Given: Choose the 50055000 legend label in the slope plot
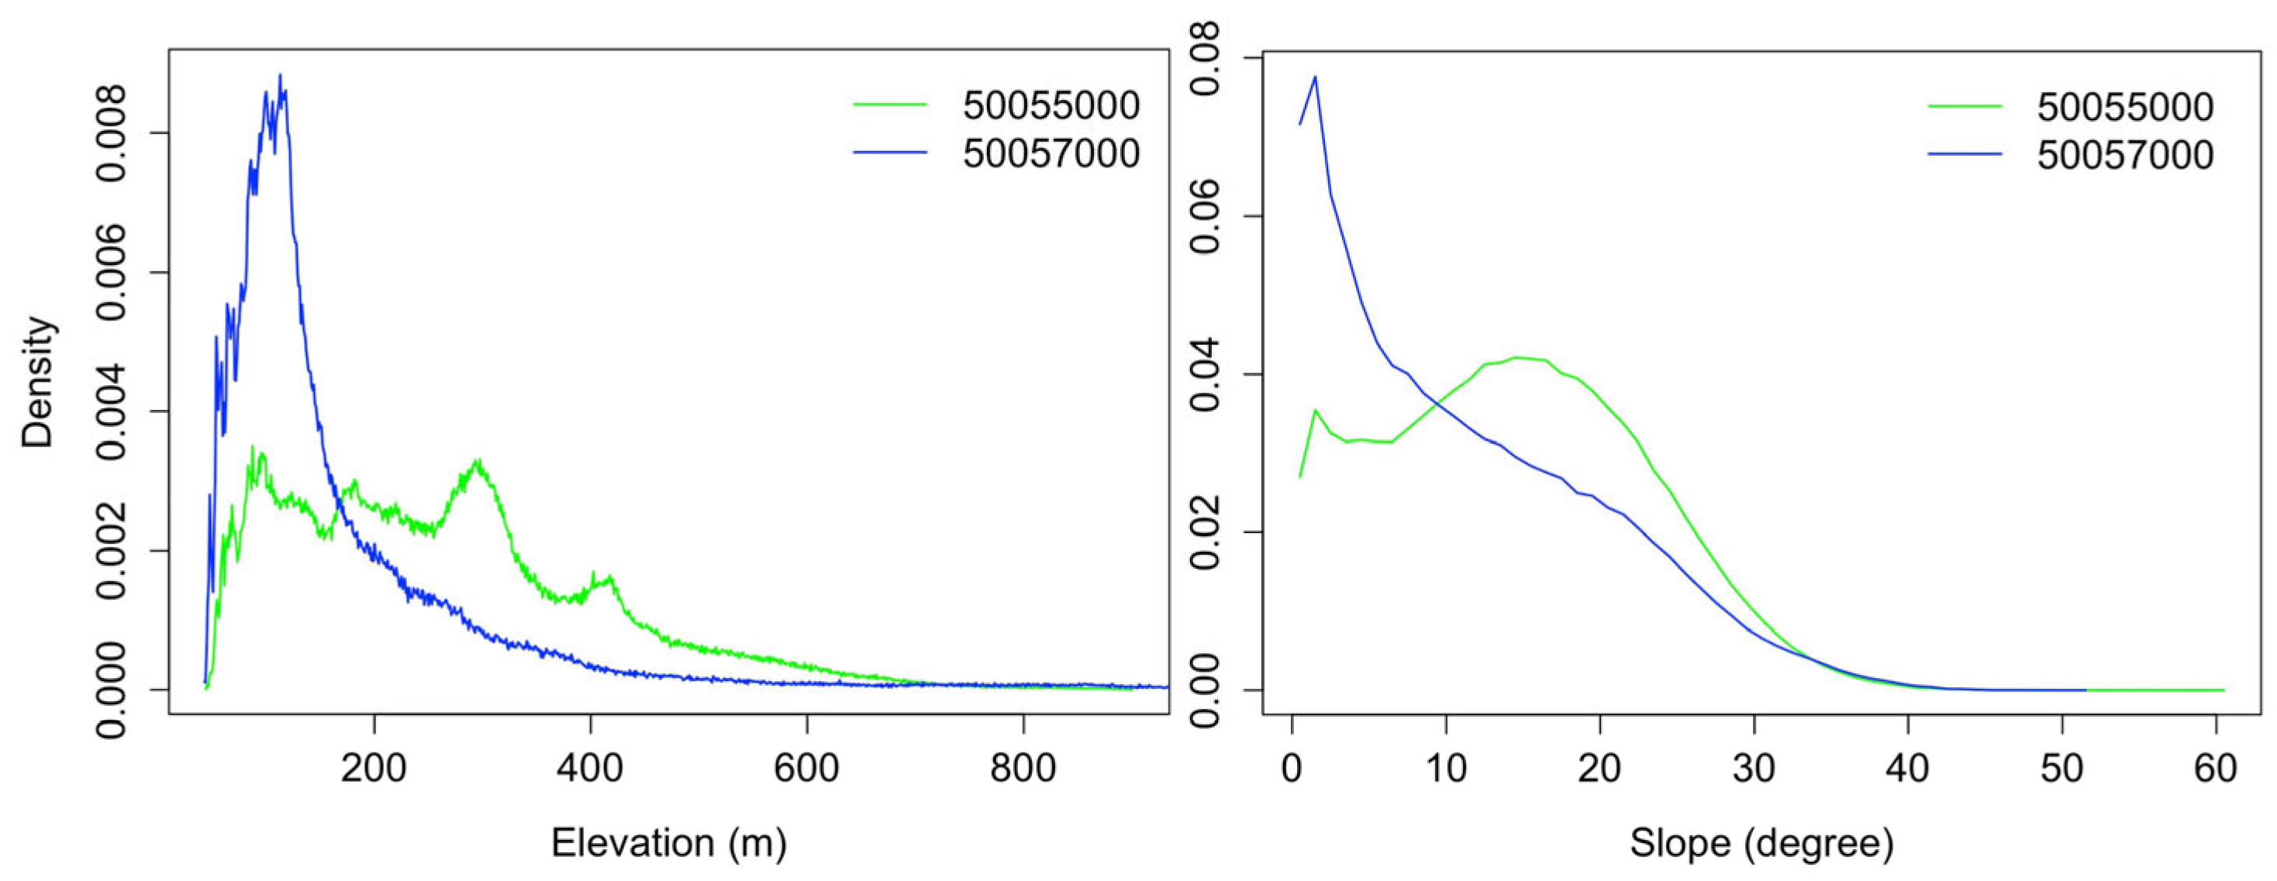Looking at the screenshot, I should [2125, 107].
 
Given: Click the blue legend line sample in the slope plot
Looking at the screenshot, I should [1964, 155].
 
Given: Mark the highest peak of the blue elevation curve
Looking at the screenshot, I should [280, 75].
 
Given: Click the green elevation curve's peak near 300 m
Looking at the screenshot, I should [478, 460].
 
